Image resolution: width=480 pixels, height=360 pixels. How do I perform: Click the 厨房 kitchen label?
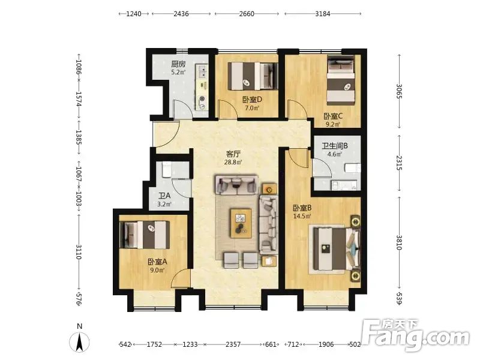tap(178, 64)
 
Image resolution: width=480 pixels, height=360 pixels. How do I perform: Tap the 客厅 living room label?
tap(233, 154)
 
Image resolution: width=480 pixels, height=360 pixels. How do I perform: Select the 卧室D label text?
tap(252, 100)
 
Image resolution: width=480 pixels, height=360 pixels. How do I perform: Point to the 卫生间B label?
tap(335, 146)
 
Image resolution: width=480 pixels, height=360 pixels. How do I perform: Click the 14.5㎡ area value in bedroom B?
tap(302, 216)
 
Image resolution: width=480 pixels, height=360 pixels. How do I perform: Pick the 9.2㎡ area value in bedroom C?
tap(333, 124)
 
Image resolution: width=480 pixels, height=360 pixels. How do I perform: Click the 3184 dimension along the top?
tap(323, 14)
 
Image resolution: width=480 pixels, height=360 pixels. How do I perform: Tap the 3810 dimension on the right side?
tap(399, 242)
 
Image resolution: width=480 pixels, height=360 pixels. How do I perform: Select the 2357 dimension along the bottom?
tap(233, 344)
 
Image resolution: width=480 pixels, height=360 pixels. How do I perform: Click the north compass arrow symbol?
tap(79, 341)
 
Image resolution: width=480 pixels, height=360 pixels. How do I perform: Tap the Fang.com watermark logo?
tap(415, 335)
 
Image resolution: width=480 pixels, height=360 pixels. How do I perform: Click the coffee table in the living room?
tap(241, 223)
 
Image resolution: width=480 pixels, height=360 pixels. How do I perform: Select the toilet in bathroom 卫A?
tap(167, 170)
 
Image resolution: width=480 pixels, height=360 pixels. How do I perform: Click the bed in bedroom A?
tap(146, 235)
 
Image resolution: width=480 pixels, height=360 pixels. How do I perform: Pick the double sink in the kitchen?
tap(202, 71)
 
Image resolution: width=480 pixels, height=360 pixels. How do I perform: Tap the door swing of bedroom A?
tap(181, 278)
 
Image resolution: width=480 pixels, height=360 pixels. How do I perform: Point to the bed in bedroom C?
tap(341, 79)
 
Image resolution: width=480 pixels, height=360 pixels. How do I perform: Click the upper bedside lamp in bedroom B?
tap(355, 221)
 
